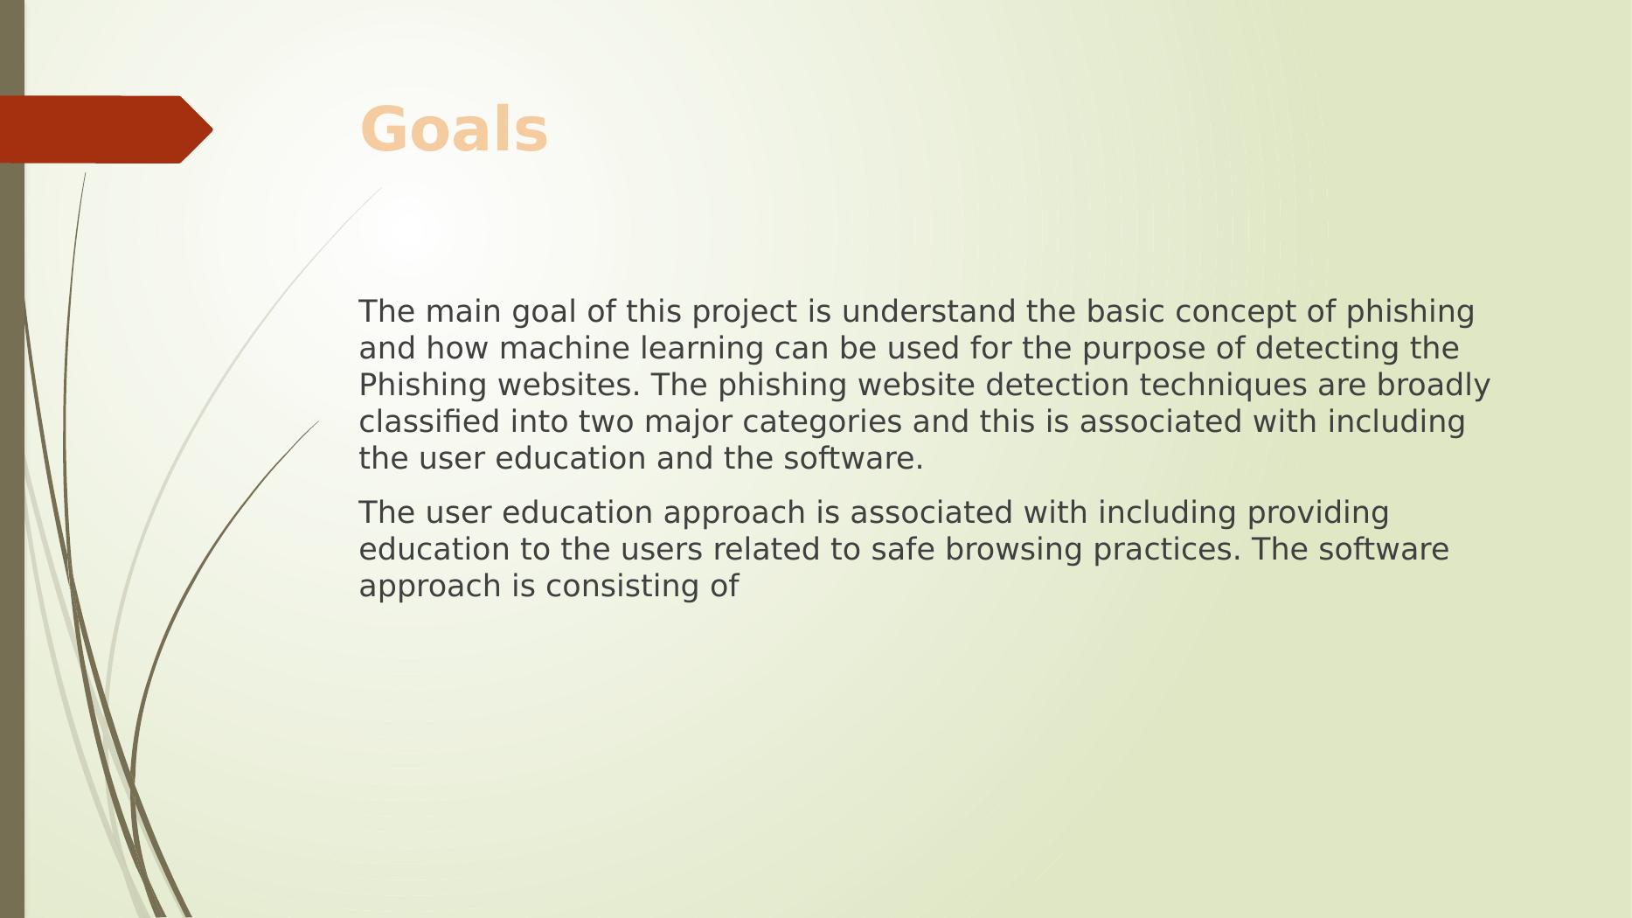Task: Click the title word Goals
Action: [x=454, y=130]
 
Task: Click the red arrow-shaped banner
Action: [x=106, y=129]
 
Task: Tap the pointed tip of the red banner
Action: [x=212, y=129]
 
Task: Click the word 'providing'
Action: [x=1318, y=513]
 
